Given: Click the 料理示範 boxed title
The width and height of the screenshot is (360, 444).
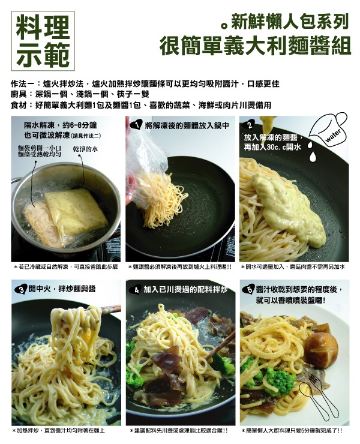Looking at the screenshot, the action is click(43, 41).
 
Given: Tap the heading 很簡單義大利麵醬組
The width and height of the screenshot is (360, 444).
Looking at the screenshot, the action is click(255, 46).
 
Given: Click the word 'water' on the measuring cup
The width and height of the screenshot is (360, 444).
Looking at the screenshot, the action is click(333, 136).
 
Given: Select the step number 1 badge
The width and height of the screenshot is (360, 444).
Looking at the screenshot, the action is click(137, 125).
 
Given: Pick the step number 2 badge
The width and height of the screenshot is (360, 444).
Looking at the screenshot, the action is click(250, 125).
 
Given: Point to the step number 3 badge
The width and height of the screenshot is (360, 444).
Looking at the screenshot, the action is click(21, 289).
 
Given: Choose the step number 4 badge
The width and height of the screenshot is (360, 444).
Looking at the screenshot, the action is click(136, 290).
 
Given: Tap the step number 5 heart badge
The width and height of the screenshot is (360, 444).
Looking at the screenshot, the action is click(249, 290).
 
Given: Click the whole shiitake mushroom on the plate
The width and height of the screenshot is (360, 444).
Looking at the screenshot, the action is click(321, 350).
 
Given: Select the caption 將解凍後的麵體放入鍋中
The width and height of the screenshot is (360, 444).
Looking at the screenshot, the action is click(187, 125).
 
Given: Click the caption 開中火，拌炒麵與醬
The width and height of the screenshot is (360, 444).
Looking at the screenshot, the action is click(62, 289).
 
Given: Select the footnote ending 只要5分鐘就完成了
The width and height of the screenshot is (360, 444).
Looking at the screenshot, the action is click(292, 431).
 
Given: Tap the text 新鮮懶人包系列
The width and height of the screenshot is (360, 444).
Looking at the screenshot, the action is click(290, 22).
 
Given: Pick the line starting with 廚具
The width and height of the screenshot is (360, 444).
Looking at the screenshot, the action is click(80, 94).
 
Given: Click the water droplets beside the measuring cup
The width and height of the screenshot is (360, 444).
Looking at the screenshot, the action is click(311, 151).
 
